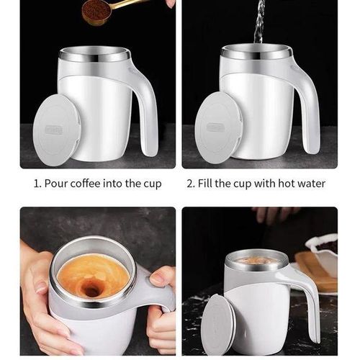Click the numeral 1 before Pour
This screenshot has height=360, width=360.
point(37,184)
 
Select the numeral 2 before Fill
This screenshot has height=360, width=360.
point(190,184)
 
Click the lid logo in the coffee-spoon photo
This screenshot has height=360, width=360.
point(55,130)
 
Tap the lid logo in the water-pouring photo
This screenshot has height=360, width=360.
point(216,127)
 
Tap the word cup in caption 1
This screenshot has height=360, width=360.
point(150,184)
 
